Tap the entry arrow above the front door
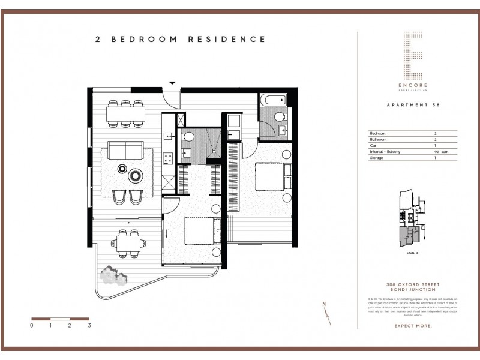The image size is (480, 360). coord(172,83)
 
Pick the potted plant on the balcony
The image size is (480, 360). coord(113,275)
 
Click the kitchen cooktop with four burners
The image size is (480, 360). coord(169,159)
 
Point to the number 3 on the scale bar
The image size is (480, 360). coord(89,326)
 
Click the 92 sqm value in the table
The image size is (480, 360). coord(439,154)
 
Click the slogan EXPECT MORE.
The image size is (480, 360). coord(413,326)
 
